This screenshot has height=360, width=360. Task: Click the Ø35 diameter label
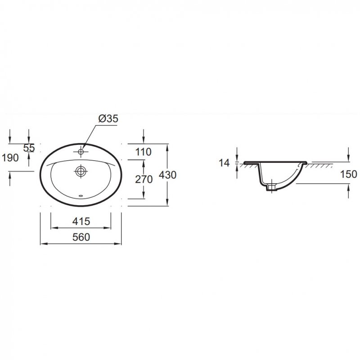[108, 119]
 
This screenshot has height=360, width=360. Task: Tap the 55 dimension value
[29, 148]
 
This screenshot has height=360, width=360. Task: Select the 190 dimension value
[9, 157]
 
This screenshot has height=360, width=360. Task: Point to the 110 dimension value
[143, 152]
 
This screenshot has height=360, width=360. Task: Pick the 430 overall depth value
[167, 175]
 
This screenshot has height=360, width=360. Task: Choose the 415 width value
[81, 221]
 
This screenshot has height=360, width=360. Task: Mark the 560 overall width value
[81, 237]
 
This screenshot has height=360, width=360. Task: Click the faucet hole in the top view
[81, 152]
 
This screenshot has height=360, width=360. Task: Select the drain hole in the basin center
[81, 171]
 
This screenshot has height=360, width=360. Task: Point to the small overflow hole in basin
[81, 196]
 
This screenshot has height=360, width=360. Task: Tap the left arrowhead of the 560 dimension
[43, 244]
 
